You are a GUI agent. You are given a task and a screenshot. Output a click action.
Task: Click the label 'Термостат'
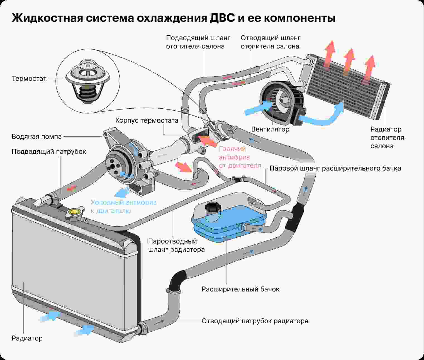tap(29, 79)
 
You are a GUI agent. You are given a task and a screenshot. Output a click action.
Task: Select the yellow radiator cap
tap(74, 212)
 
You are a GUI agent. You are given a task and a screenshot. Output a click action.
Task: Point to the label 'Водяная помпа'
tap(36, 137)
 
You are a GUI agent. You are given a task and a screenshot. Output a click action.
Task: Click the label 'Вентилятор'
tap(270, 129)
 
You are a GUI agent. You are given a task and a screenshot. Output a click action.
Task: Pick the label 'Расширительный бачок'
tap(240, 289)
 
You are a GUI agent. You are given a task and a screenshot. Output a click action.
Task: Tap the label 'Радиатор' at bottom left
tap(27, 338)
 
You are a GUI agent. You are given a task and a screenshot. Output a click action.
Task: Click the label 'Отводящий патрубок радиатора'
tap(255, 321)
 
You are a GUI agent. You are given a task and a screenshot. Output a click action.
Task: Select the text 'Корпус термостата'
tap(147, 120)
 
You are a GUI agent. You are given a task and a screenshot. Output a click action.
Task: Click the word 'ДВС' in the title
tap(221, 18)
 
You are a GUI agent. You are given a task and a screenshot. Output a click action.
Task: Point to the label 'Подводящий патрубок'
tap(49, 152)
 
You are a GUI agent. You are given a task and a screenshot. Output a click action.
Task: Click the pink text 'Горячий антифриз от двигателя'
tap(240, 157)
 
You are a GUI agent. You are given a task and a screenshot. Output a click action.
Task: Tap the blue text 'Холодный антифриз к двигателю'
tap(124, 206)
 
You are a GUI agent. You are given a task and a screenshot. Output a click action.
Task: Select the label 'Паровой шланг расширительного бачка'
tap(335, 168)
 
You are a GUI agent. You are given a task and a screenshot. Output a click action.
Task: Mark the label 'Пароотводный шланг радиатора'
tap(176, 245)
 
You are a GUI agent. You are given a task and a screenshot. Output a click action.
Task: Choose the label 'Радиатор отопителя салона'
tap(387, 138)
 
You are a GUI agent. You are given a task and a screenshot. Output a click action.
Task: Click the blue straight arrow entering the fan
tap(258, 108)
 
